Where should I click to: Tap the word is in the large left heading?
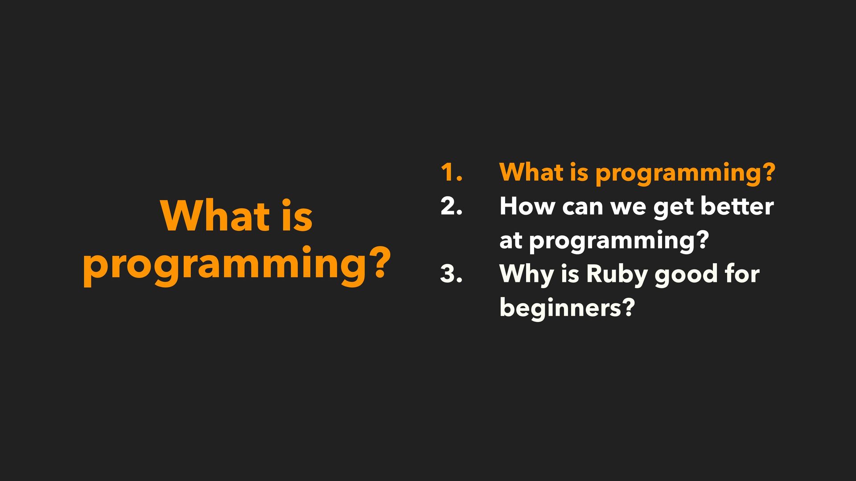pyautogui.click(x=297, y=216)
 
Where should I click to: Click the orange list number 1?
pyautogui.click(x=451, y=172)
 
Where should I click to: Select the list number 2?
pyautogui.click(x=451, y=206)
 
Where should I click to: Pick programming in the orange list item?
pyautogui.click(x=679, y=174)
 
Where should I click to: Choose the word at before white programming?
pyautogui.click(x=510, y=241)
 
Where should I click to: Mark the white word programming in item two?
pyautogui.click(x=612, y=242)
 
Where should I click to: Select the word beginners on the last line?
pyautogui.click(x=560, y=308)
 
